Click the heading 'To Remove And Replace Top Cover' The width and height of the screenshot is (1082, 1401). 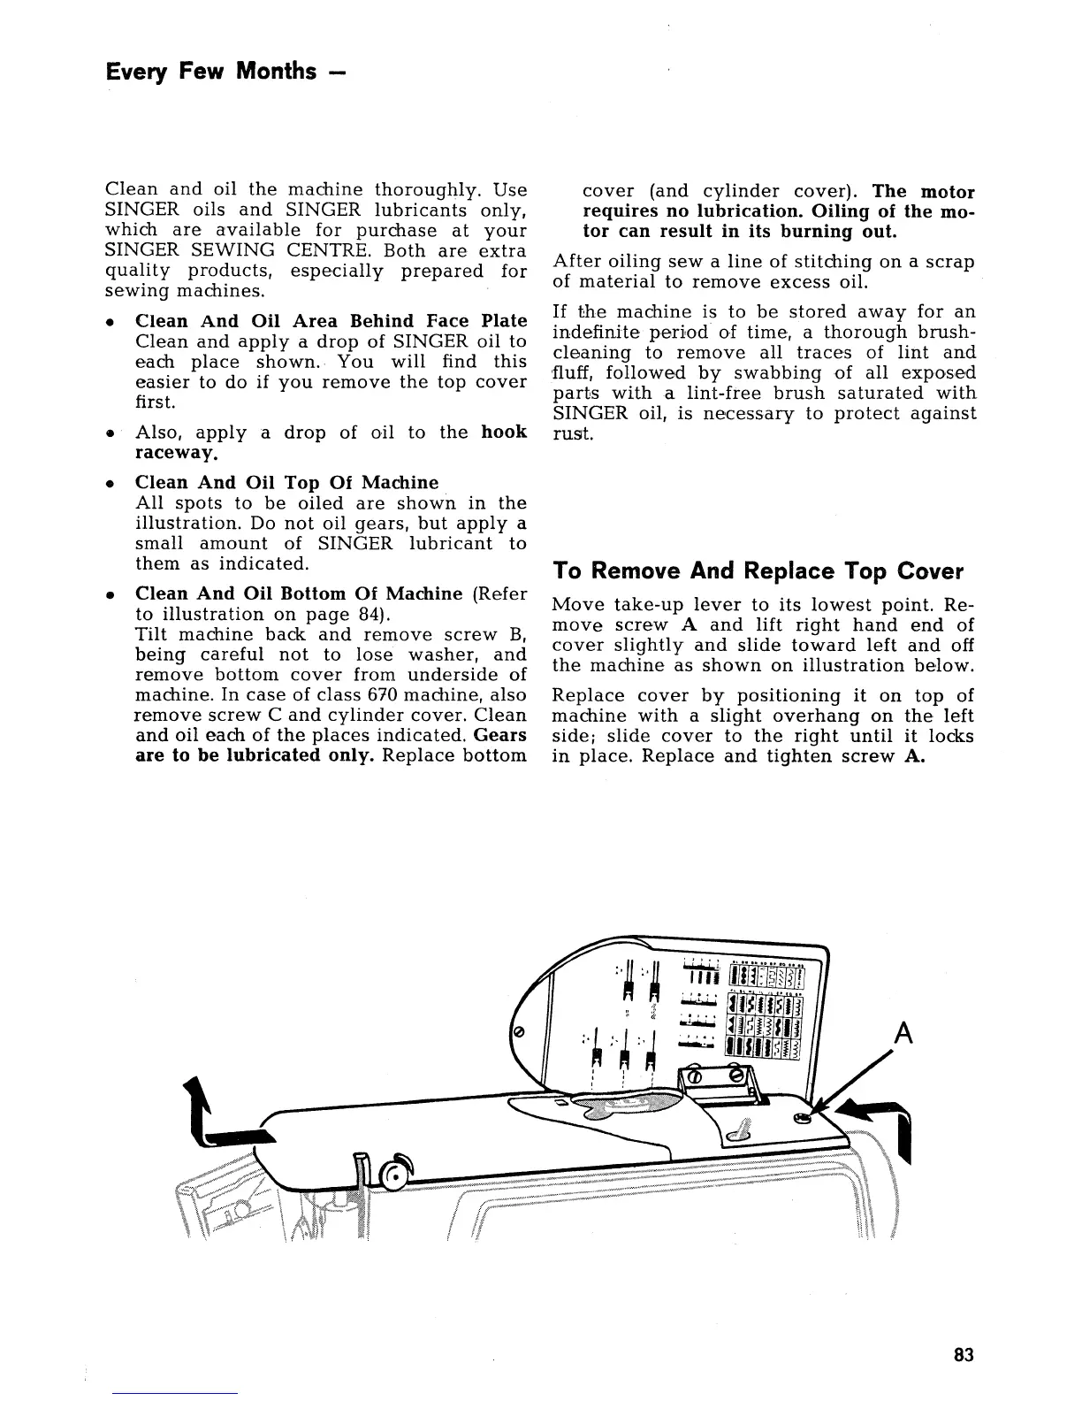point(758,570)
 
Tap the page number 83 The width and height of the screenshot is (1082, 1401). point(964,1355)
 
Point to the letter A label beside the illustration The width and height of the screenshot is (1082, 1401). point(902,1033)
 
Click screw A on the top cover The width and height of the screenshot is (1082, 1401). point(802,1118)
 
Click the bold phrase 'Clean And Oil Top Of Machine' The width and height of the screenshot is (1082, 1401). point(286,483)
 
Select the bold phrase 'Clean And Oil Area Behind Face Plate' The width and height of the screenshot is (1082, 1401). point(331,321)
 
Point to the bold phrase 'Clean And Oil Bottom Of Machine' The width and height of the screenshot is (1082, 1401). point(299,593)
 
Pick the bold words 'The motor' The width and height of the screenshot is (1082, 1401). point(923,192)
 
